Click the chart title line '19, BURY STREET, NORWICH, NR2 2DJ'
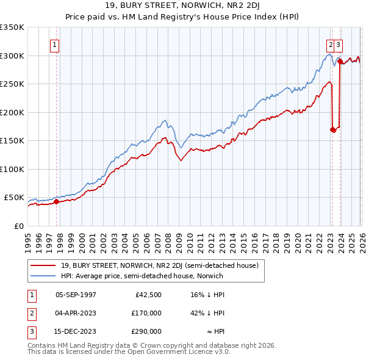(x=182, y=7)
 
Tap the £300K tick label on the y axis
(x=12, y=56)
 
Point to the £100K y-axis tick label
(x=12, y=169)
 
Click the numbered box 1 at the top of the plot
(x=55, y=45)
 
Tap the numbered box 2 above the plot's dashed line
(x=330, y=45)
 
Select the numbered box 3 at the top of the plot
(x=338, y=45)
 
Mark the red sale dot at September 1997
(x=56, y=201)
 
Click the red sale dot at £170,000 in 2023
(x=332, y=129)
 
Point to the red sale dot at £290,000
(x=340, y=61)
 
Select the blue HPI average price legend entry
(x=142, y=276)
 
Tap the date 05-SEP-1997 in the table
(x=76, y=295)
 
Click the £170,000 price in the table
(x=147, y=313)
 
